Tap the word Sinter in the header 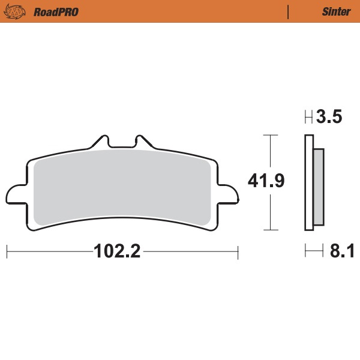coord(336,11)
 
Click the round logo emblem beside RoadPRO coord(17,11)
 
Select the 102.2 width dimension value coord(117,251)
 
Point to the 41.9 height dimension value coord(266,181)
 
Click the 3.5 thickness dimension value coord(329,117)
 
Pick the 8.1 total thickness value coord(341,251)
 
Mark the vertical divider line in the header coord(289,11)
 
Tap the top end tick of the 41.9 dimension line coord(272,136)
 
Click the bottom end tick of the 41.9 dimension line coord(272,230)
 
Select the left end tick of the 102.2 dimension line coord(7,251)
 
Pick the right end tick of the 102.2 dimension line coord(238,251)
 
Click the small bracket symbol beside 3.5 coord(308,117)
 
